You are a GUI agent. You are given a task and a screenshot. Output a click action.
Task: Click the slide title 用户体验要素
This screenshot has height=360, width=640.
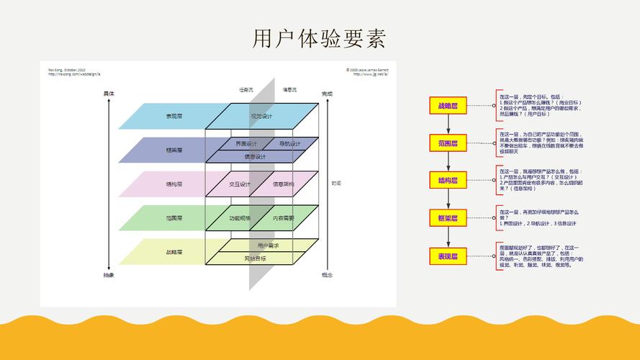coord(320,38)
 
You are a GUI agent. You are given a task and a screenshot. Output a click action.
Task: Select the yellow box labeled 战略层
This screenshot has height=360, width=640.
coord(448,106)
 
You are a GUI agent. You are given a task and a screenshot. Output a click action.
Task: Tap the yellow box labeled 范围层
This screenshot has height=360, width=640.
coord(448,143)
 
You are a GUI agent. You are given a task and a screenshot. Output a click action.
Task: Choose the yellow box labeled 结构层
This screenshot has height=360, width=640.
coord(448,180)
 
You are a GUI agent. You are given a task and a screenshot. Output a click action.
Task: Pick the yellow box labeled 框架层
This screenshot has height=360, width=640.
coord(448,217)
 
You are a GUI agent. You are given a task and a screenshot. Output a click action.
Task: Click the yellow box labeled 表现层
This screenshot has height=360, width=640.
coord(448,256)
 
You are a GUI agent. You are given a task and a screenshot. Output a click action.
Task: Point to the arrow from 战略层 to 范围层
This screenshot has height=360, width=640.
coord(448,125)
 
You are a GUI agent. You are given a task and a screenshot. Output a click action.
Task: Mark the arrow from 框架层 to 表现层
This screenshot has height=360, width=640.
coord(448,236)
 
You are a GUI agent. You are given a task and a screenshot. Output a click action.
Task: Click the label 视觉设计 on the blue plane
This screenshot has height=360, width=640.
coord(261,116)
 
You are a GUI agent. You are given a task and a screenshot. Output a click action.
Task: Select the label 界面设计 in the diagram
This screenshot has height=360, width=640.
coord(246,143)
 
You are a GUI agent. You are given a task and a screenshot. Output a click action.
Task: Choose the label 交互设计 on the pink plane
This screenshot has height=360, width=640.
coord(240,184)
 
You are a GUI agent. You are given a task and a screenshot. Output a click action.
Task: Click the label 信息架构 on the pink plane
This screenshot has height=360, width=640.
coord(283,184)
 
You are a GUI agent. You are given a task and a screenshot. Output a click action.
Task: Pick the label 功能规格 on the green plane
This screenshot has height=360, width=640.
coord(240,217)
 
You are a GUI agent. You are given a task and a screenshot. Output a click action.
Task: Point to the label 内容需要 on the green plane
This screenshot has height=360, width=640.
coord(283,217)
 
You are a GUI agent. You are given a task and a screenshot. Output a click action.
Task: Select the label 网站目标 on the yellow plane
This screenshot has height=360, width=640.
coord(255,258)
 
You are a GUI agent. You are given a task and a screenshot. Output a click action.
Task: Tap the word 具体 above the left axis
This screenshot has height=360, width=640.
coord(109,94)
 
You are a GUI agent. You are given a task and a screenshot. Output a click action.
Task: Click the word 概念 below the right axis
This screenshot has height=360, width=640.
coord(327,275)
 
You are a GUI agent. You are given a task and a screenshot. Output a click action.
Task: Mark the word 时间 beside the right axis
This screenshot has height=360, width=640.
coord(336,184)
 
